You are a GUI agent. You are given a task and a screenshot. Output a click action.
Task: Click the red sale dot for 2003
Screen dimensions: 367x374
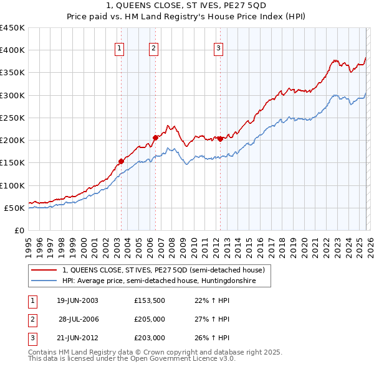pyautogui.click(x=121, y=161)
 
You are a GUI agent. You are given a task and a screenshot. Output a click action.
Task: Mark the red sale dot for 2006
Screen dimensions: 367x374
pyautogui.click(x=155, y=138)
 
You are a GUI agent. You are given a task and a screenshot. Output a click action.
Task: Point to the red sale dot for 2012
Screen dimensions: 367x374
pyautogui.click(x=221, y=139)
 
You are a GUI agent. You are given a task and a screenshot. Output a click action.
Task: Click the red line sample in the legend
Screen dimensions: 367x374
pyautogui.click(x=44, y=270)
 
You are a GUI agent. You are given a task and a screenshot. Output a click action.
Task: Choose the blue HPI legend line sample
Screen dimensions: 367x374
pyautogui.click(x=44, y=281)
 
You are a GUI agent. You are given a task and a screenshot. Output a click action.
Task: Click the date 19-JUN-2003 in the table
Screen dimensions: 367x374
pyautogui.click(x=77, y=300)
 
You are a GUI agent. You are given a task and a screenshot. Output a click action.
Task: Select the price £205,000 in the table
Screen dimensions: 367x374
pyautogui.click(x=149, y=319)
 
